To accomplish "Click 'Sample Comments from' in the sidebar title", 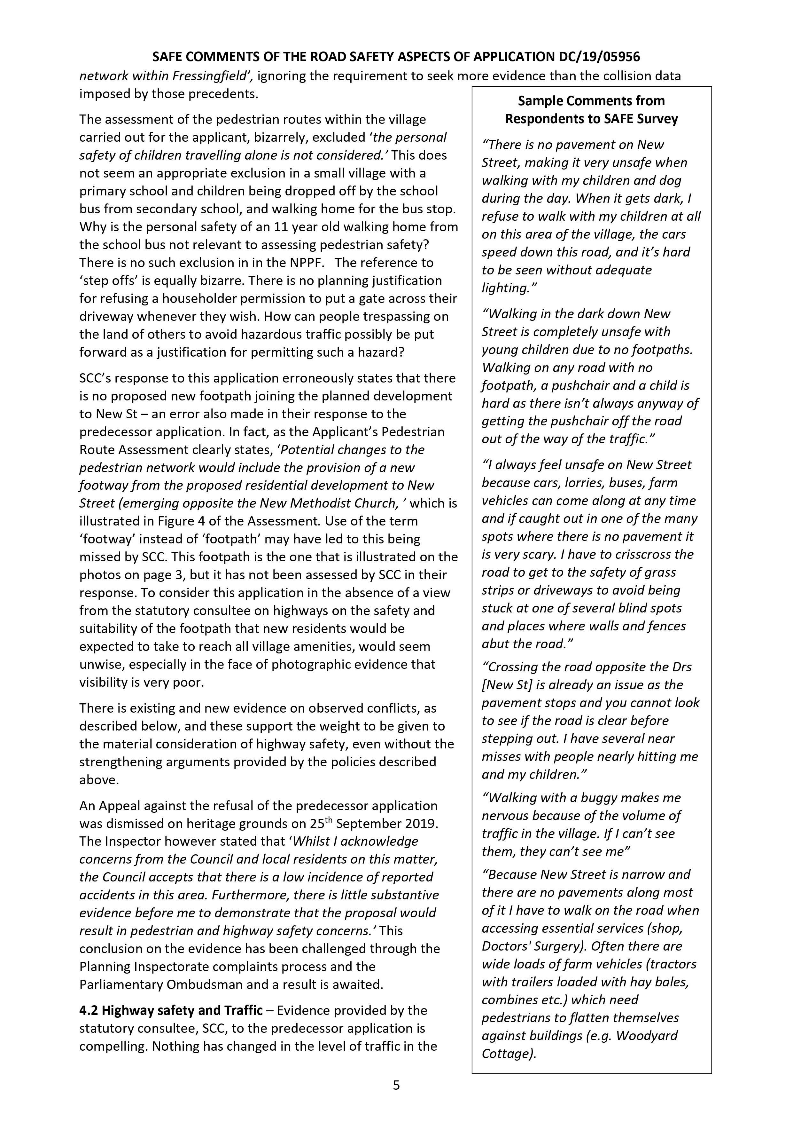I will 591,101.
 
